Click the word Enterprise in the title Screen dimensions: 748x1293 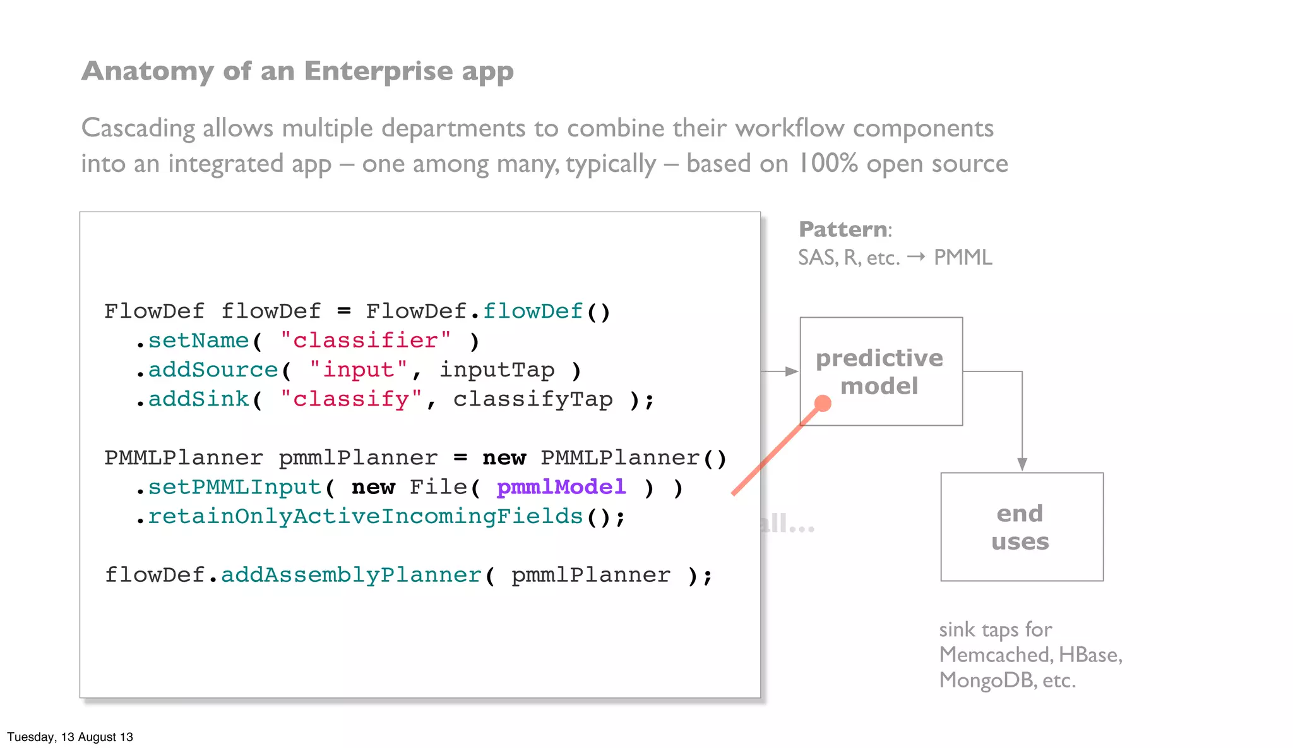[x=378, y=71]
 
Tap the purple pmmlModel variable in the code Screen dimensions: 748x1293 [x=561, y=487]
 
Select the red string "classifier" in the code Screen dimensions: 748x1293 [x=366, y=341]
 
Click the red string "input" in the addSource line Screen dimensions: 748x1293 [x=358, y=370]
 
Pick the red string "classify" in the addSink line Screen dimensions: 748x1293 [x=351, y=399]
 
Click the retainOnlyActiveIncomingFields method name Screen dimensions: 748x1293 [x=365, y=517]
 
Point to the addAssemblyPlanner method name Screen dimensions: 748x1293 [x=351, y=575]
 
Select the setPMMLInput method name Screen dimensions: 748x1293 [x=234, y=487]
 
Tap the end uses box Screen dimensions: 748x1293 [x=1022, y=527]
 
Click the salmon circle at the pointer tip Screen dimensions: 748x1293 [x=823, y=403]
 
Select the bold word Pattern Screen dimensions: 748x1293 [x=843, y=229]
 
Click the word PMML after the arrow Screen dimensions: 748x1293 [x=963, y=258]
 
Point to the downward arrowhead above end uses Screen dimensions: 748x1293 [x=1022, y=464]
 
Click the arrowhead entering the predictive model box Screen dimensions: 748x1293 [x=791, y=371]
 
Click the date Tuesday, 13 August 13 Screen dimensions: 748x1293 [x=70, y=737]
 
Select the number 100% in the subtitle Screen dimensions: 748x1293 [x=828, y=164]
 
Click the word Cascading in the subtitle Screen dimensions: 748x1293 [x=138, y=128]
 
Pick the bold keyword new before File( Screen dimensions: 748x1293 [x=372, y=487]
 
